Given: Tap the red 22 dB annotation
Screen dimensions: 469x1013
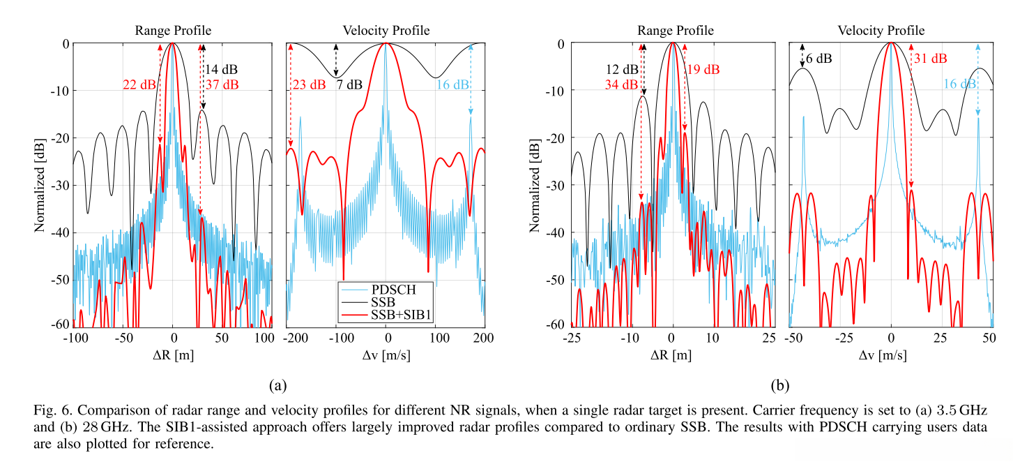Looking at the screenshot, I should (x=139, y=85).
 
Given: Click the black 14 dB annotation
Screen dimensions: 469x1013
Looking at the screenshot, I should (x=221, y=70).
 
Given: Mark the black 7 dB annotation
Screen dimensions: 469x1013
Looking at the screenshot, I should (x=349, y=85).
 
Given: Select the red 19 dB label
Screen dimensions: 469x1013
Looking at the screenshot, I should (x=703, y=70).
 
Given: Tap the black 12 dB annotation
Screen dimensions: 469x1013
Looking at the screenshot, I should (x=621, y=70).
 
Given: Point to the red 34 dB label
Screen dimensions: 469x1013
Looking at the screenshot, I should (x=621, y=85).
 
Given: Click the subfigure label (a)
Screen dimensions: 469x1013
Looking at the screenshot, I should (x=277, y=385).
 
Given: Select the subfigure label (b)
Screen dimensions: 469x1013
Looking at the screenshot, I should (x=779, y=385).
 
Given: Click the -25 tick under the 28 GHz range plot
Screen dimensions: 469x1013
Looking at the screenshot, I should (x=571, y=338).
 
